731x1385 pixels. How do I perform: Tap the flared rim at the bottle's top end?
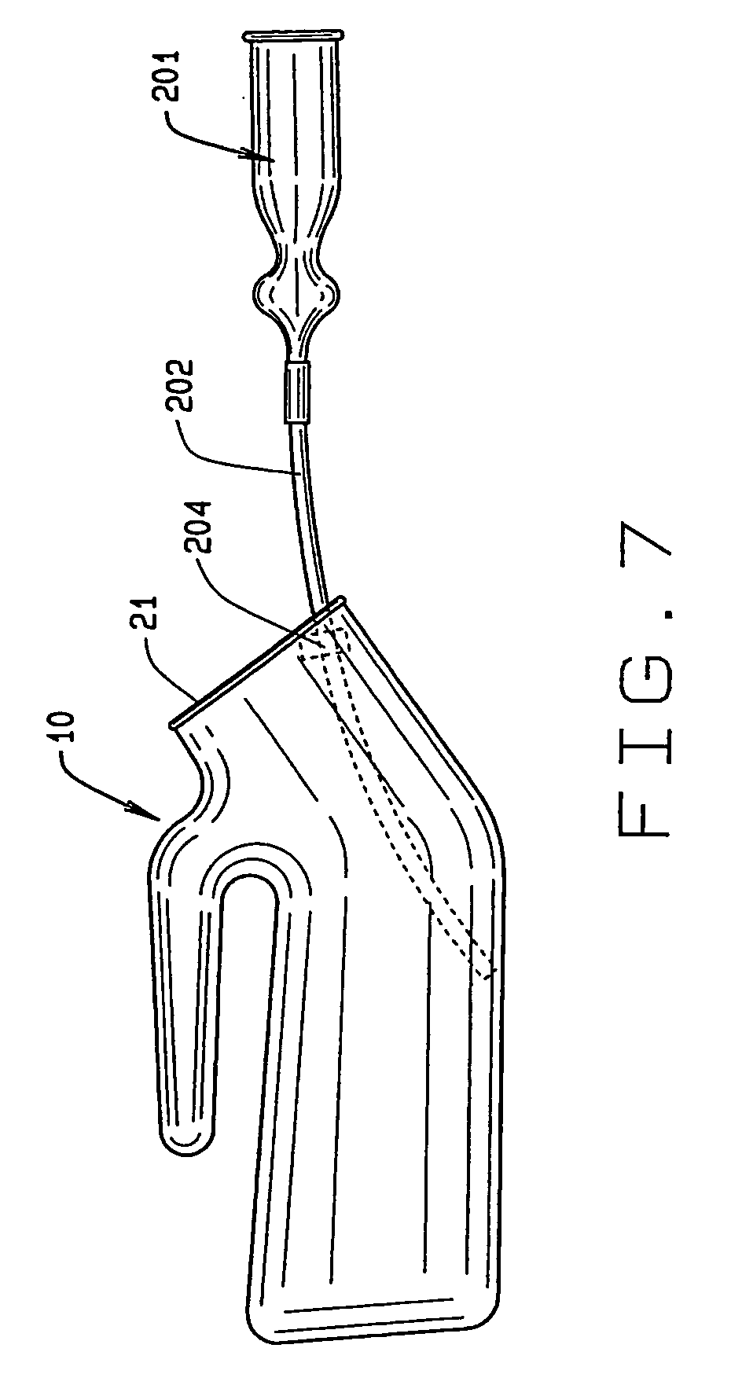(x=295, y=35)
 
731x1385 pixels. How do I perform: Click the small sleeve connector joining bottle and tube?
(x=298, y=391)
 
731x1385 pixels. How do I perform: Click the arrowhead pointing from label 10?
(x=149, y=809)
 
